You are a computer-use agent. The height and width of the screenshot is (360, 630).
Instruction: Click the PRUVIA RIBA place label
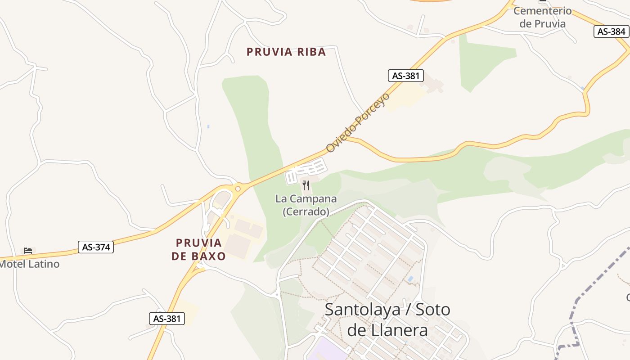286,52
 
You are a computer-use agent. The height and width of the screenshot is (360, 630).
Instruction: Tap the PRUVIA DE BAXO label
199,249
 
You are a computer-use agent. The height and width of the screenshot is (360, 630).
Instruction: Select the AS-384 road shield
611,31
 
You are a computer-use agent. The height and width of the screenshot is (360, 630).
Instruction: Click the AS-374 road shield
96,247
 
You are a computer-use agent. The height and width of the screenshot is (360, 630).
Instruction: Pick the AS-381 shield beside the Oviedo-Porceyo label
405,76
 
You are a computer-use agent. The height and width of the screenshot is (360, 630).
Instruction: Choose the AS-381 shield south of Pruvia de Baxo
167,319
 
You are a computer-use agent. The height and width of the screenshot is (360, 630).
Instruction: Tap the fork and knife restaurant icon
306,185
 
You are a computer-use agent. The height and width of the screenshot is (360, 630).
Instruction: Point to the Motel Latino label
30,264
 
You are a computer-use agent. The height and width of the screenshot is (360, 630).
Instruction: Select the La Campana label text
306,198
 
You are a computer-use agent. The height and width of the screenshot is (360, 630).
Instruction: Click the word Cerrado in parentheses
306,211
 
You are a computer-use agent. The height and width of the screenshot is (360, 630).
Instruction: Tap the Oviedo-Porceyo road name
358,122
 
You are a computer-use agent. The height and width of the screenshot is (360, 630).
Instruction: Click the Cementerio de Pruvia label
542,17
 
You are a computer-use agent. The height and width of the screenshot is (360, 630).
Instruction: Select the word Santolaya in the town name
362,310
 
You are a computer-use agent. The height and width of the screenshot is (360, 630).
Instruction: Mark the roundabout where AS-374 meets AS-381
238,189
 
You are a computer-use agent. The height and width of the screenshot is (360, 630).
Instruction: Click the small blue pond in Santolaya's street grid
410,279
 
